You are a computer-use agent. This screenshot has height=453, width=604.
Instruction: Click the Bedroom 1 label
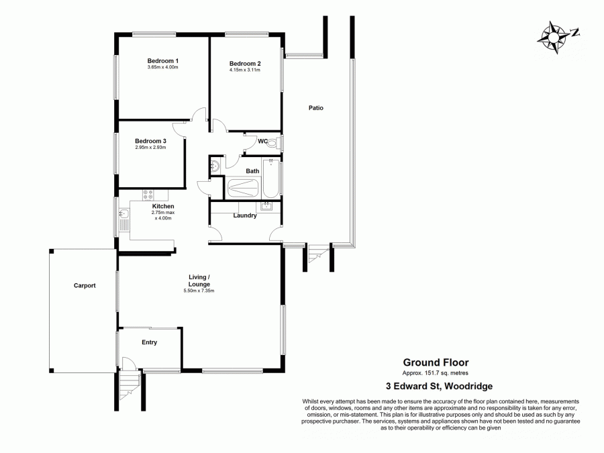(x=162, y=61)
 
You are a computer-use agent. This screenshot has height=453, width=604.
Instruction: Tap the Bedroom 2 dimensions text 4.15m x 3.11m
(x=244, y=70)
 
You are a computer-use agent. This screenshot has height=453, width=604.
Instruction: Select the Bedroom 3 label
(x=150, y=140)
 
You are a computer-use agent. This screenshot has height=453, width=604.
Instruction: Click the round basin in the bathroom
(x=215, y=167)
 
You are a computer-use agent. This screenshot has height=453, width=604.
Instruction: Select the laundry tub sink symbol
(x=266, y=206)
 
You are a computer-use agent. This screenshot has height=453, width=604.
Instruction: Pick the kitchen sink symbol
(x=123, y=216)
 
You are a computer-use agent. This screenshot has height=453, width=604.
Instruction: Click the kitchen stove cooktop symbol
(x=148, y=195)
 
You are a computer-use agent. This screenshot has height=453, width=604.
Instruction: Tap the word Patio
(x=316, y=107)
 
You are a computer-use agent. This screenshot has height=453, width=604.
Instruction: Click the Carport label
(x=85, y=285)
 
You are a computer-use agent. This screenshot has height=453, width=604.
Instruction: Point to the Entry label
(x=149, y=342)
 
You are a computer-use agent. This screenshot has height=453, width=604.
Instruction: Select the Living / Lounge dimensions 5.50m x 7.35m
(x=199, y=291)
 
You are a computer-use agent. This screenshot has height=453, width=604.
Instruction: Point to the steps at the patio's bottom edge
(x=315, y=255)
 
